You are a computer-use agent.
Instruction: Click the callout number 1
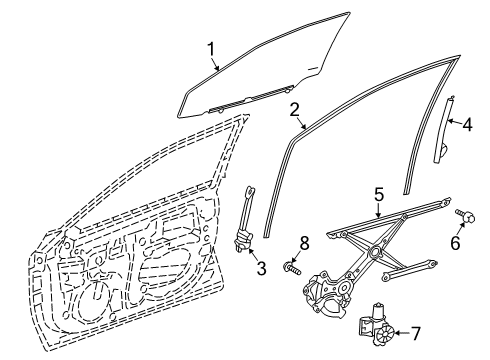coord(211,50)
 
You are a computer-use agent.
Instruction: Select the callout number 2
coord(294,110)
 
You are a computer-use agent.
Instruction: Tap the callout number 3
coord(261,268)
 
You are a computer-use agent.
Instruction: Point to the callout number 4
coord(467,125)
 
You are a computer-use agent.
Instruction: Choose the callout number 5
coord(379,195)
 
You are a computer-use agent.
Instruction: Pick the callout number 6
coord(455,242)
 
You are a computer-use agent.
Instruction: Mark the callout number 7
coord(415,333)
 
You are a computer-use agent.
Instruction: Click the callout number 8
coord(304,243)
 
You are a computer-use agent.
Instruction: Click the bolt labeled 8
coord(292,267)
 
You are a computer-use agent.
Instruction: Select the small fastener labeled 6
coord(466,216)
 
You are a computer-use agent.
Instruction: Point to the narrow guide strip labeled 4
coord(443,131)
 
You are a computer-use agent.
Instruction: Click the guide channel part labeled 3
coord(246,220)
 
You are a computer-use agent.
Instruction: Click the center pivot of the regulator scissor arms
coord(375,251)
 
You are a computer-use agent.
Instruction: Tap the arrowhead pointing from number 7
coord(396,333)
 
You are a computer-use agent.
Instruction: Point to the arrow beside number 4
coord(454,122)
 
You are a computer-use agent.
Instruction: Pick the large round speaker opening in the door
coord(97,302)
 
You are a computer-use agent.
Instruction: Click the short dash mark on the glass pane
coord(312,69)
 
